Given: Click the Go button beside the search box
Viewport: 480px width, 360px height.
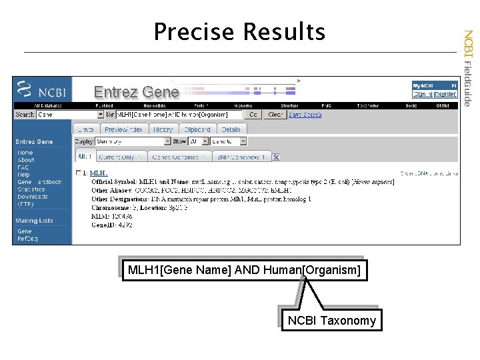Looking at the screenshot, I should point(253,115).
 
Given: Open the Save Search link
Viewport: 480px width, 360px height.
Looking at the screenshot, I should point(305,115).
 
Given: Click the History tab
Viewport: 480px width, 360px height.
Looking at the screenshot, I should point(162,129).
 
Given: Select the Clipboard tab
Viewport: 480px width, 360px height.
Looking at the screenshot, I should point(197,129).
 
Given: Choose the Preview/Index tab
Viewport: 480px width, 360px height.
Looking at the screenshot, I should point(123,129).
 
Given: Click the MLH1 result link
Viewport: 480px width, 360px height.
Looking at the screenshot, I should point(99,173).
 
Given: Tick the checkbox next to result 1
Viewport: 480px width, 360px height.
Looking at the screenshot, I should point(79,173).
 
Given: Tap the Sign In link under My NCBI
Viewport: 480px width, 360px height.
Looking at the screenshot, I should point(423,94).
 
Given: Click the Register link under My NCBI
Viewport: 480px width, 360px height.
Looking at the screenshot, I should point(445,94).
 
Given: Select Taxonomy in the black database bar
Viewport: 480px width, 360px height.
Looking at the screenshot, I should point(367,105).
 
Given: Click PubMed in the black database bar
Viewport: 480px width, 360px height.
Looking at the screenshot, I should point(104,105).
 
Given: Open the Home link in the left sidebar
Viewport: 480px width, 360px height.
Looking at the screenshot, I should point(25,153).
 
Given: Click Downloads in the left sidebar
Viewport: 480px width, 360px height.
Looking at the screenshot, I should point(33,197).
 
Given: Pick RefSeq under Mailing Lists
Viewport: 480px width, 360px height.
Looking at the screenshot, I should point(27,237).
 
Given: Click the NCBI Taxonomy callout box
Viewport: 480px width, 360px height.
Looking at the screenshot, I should point(331,321).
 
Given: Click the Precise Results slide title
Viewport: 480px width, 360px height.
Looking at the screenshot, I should point(239,31).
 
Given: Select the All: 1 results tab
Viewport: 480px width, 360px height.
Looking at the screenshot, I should point(85,157).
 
